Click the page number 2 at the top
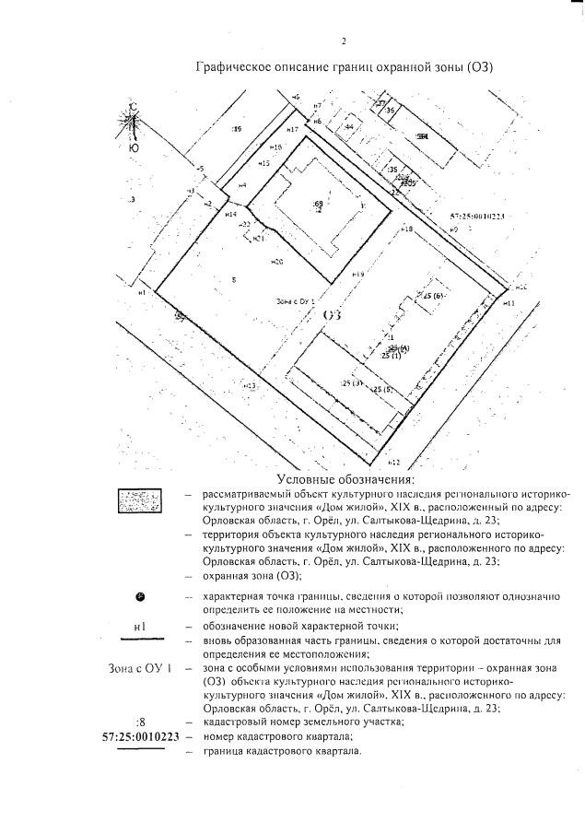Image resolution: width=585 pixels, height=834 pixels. pos(343,41)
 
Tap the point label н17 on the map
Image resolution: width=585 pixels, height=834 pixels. pos(291,130)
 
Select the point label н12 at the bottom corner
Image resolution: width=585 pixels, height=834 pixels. pos(393,461)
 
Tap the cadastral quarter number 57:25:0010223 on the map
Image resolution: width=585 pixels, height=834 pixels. pos(478,218)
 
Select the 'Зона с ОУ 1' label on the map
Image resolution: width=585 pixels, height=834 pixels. pos(296,301)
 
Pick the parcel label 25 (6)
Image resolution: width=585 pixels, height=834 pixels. pos(434,295)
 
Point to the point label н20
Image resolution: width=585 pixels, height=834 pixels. pos(276,263)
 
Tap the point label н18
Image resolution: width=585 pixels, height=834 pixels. pos(406,228)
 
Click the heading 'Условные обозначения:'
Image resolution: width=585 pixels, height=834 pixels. pos(345,480)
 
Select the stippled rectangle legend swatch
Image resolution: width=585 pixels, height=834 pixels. pos(139,503)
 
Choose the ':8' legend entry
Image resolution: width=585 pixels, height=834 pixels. pos(140,722)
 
